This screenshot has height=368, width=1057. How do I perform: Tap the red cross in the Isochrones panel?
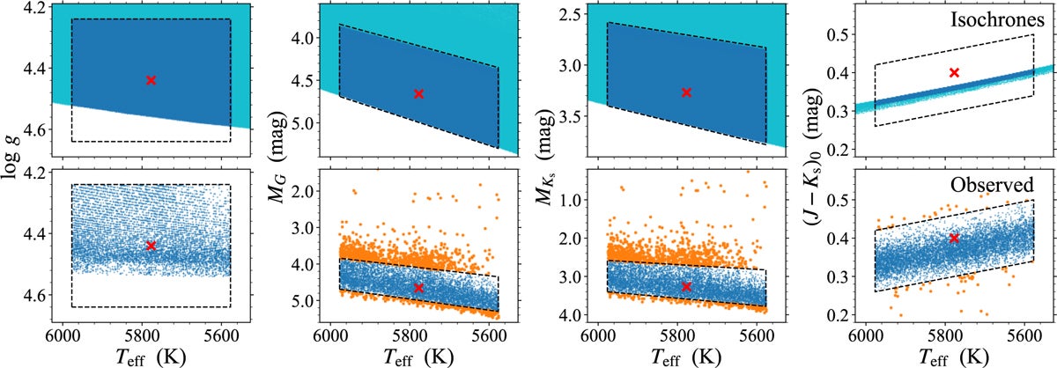coord(953,72)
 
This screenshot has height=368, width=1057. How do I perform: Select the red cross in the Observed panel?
coord(954,239)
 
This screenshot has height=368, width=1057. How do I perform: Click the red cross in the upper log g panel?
coord(152,80)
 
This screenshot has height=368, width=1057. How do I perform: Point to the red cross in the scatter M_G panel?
coord(418,288)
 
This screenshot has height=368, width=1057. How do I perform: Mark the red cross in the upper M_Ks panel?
coord(686,92)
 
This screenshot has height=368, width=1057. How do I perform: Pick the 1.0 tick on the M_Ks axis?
coord(569,200)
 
